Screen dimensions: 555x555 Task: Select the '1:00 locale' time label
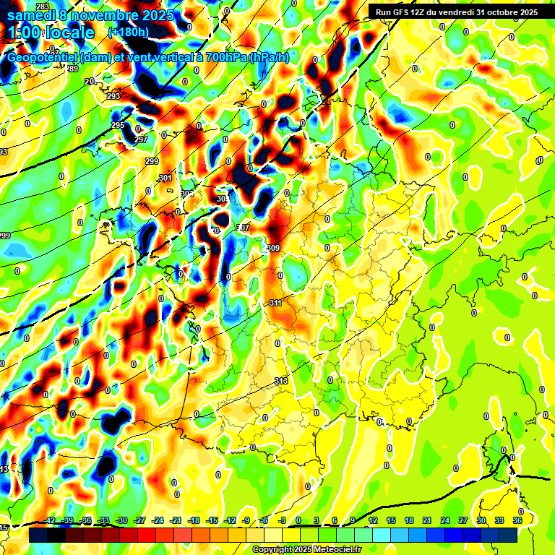tap(51, 33)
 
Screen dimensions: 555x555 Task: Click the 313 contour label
tap(282, 380)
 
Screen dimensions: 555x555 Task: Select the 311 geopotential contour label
tap(275, 303)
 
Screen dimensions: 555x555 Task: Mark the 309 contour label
tap(273, 248)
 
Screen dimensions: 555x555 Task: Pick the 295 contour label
tap(118, 126)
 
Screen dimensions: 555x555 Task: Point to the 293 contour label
tap(113, 96)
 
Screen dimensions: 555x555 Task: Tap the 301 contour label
tap(165, 178)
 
